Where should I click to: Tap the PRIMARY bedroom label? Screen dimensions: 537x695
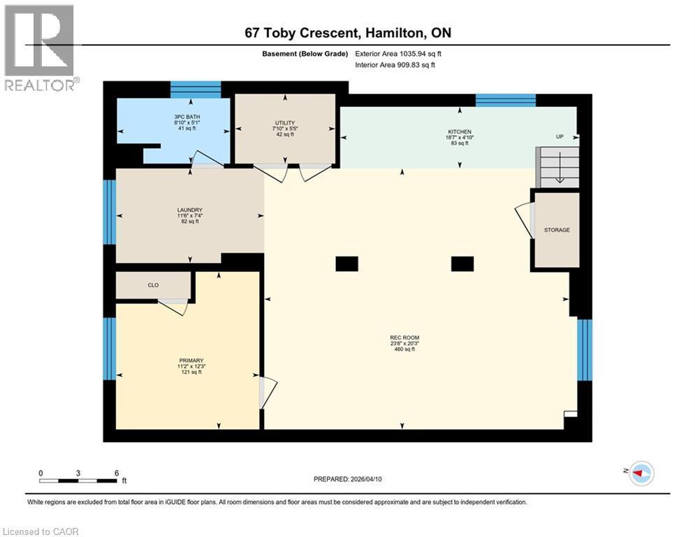point(190,361)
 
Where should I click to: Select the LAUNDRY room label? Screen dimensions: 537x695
point(189,210)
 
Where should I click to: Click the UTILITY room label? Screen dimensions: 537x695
point(285,123)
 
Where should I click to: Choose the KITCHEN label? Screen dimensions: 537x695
point(460,131)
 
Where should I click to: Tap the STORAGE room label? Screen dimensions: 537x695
point(557,230)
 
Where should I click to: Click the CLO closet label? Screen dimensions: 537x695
point(154,285)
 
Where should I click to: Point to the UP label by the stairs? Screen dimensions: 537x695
point(559,137)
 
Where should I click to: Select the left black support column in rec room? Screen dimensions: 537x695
point(346,264)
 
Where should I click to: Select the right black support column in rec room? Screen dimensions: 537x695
point(462,264)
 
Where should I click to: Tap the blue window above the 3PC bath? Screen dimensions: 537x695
point(196,89)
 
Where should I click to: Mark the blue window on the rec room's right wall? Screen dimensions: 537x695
point(585,350)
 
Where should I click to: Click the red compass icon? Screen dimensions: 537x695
point(640,473)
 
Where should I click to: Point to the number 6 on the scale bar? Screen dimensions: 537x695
point(116,473)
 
